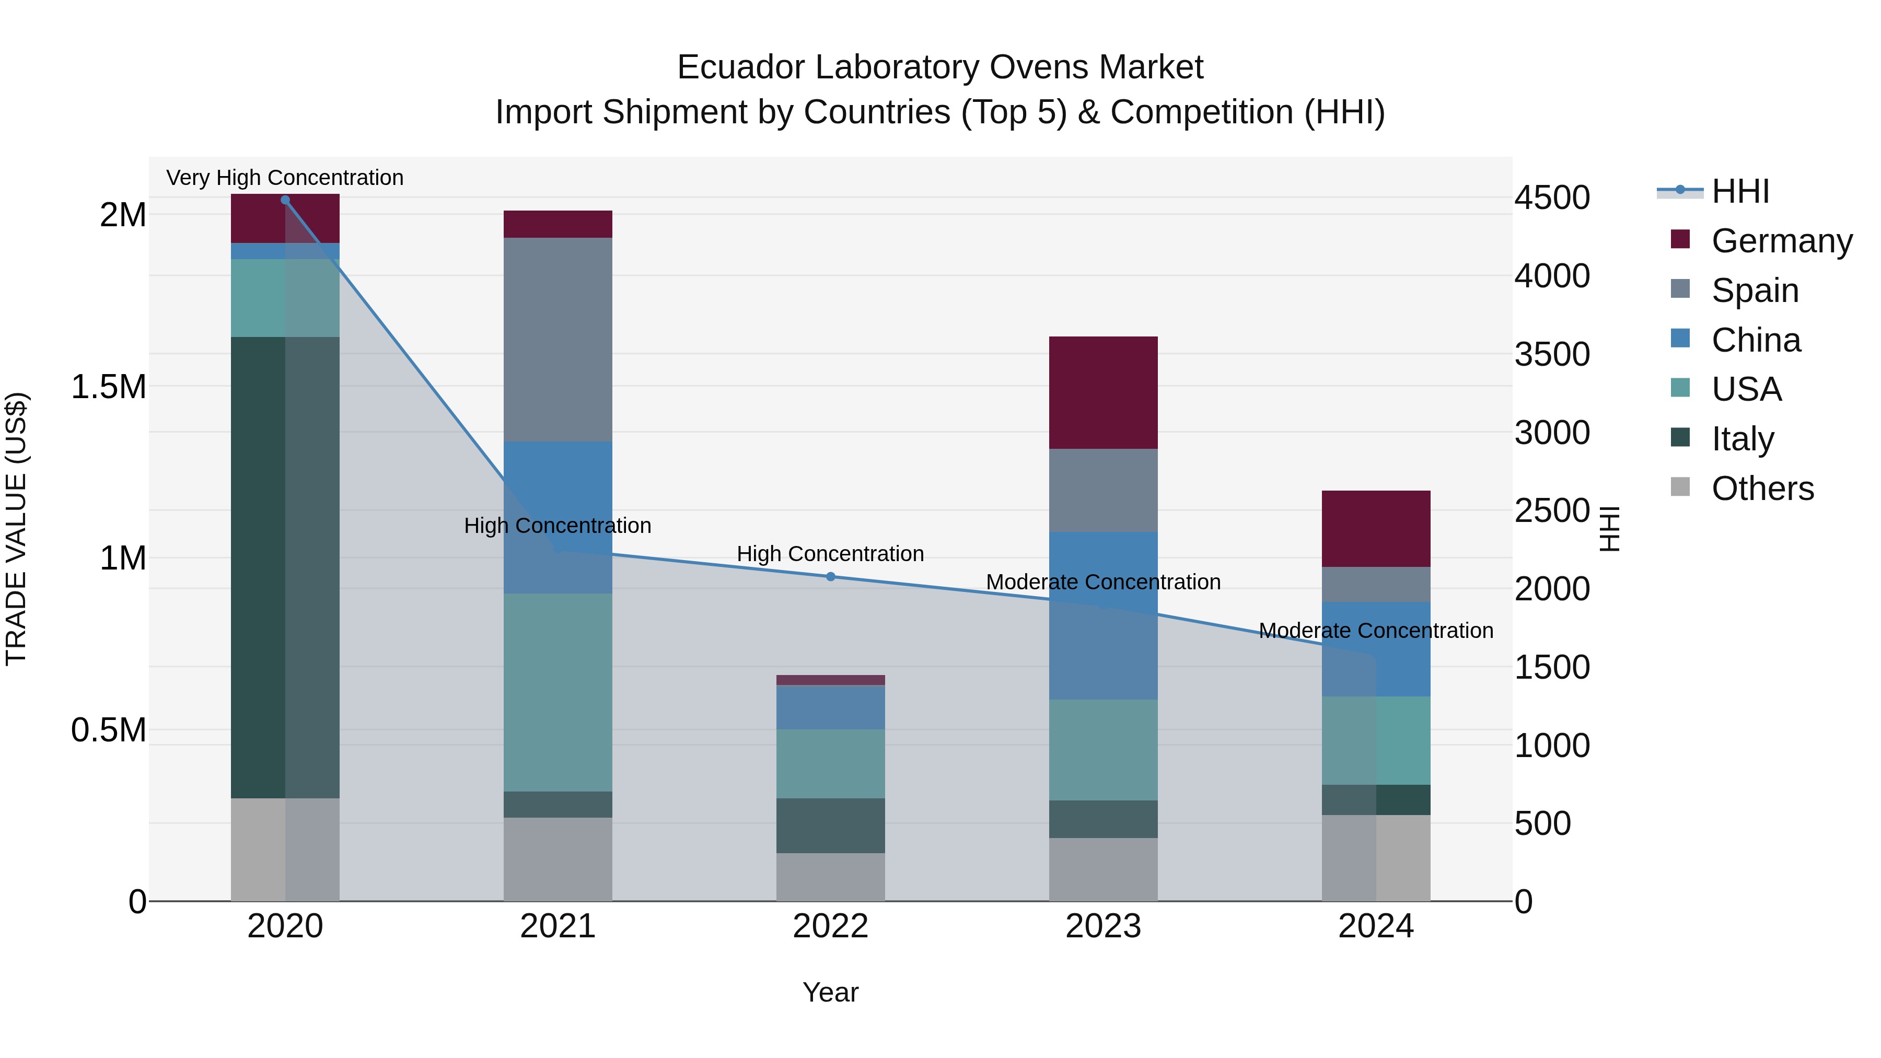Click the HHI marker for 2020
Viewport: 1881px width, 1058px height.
[285, 200]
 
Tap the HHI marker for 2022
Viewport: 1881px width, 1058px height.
[830, 577]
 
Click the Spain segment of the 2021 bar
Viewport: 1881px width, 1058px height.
[558, 340]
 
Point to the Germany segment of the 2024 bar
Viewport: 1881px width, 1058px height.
[1376, 529]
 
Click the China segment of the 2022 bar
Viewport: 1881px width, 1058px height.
[830, 707]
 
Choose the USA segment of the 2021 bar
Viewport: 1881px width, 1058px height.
[558, 692]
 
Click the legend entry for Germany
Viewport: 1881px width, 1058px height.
[1781, 241]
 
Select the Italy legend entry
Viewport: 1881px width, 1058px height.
[1742, 439]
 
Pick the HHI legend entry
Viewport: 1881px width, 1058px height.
[1740, 191]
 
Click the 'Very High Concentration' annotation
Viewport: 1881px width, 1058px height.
[285, 178]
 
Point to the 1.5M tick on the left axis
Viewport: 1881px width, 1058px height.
[109, 387]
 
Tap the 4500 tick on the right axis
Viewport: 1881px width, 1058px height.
[1552, 198]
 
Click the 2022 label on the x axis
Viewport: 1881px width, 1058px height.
[830, 926]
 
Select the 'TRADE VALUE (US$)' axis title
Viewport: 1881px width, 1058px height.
[16, 529]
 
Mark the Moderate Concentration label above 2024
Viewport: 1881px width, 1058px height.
[1376, 631]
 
